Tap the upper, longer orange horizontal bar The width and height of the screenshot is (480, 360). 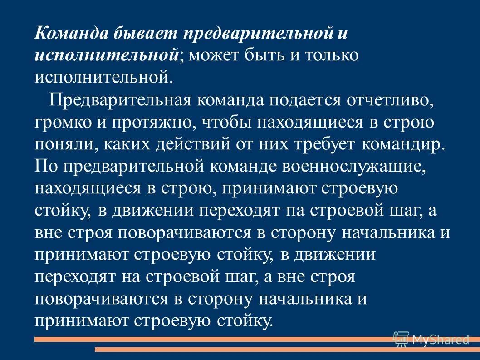click(x=227, y=339)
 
